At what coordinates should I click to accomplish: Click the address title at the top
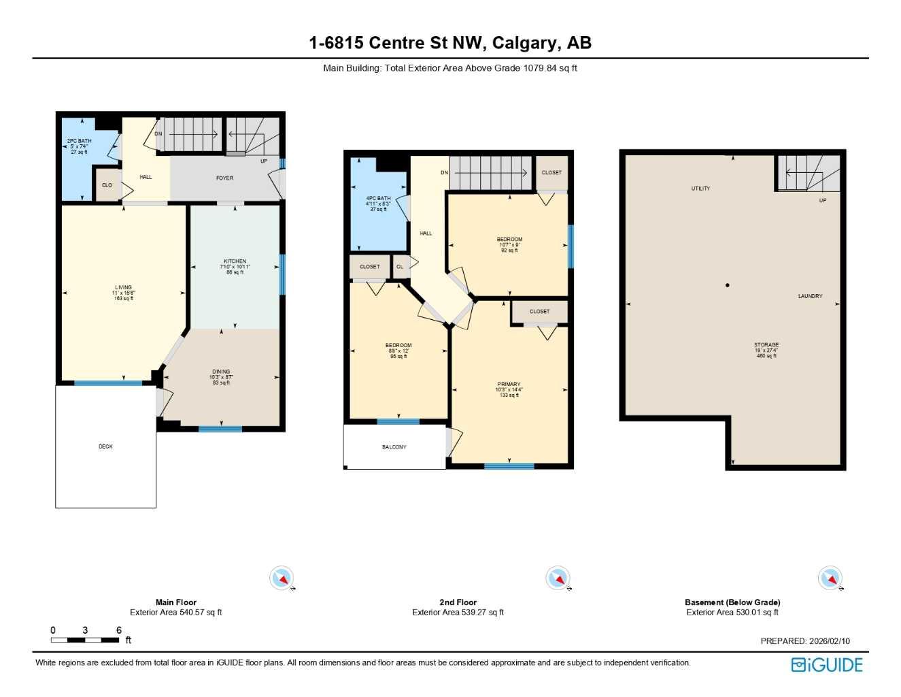pyautogui.click(x=450, y=43)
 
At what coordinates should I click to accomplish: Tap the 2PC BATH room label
pyautogui.click(x=79, y=142)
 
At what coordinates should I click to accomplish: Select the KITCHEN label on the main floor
pyautogui.click(x=235, y=261)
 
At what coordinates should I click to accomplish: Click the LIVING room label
pyautogui.click(x=123, y=288)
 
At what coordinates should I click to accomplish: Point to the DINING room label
pyautogui.click(x=221, y=372)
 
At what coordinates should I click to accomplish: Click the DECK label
pyautogui.click(x=105, y=447)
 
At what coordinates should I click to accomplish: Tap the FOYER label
pyautogui.click(x=224, y=178)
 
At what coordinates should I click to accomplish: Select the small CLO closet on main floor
pyautogui.click(x=107, y=186)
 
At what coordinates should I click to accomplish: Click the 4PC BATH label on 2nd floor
pyautogui.click(x=378, y=199)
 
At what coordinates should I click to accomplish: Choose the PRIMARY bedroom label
pyautogui.click(x=509, y=385)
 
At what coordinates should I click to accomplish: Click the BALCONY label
pyautogui.click(x=394, y=447)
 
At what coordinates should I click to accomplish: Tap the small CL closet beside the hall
pyautogui.click(x=400, y=267)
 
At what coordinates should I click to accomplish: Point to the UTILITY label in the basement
pyautogui.click(x=700, y=189)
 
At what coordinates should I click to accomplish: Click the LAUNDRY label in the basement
pyautogui.click(x=810, y=297)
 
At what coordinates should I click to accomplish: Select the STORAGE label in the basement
pyautogui.click(x=766, y=345)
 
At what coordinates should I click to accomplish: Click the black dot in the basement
pyautogui.click(x=728, y=285)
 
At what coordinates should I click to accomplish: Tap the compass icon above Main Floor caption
pyautogui.click(x=281, y=579)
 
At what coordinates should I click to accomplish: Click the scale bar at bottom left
pyautogui.click(x=85, y=640)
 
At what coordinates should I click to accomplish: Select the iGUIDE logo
pyautogui.click(x=827, y=665)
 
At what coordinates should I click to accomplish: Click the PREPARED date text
pyautogui.click(x=805, y=641)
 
